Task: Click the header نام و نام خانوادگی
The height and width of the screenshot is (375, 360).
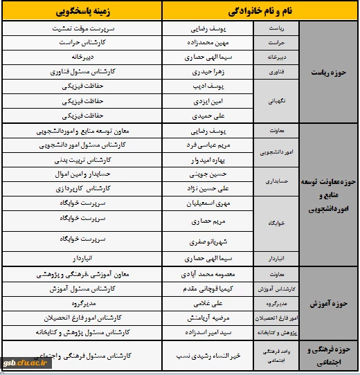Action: click(260, 12)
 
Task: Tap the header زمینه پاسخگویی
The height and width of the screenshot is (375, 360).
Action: click(82, 12)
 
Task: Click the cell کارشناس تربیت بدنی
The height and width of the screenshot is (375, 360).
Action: click(82, 159)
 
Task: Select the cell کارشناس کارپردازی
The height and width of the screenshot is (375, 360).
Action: click(82, 188)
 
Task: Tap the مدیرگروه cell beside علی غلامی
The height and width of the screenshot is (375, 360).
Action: click(82, 303)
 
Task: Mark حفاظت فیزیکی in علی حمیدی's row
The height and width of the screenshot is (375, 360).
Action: click(82, 115)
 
